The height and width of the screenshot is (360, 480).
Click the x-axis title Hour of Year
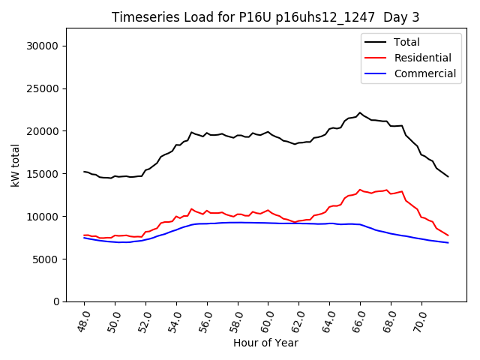(265, 343)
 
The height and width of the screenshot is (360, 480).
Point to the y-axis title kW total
(16, 165)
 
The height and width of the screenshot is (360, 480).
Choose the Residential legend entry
(422, 58)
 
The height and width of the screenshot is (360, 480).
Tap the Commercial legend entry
(424, 73)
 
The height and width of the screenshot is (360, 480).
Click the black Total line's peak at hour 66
(360, 112)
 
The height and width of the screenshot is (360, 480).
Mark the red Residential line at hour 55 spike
(191, 208)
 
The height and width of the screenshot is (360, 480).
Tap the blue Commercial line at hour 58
(238, 222)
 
